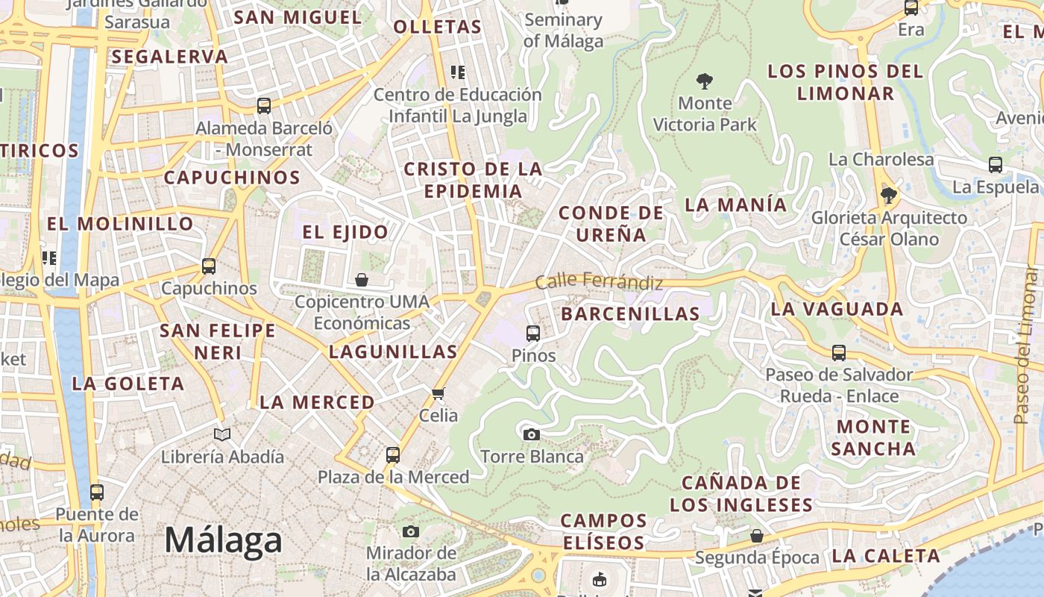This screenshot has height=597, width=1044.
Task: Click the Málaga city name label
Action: click(223, 540)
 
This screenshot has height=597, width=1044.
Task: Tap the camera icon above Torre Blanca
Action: click(532, 434)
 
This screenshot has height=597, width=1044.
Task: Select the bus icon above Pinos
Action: click(533, 333)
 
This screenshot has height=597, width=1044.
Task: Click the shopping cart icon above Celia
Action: click(438, 393)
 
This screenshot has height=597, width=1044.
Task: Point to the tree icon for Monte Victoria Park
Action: click(704, 81)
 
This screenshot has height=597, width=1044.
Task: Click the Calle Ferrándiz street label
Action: click(599, 282)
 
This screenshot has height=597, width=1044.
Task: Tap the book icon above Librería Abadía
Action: click(222, 434)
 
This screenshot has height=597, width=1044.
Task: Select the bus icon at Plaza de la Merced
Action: click(393, 454)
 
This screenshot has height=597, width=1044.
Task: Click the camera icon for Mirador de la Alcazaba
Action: click(410, 531)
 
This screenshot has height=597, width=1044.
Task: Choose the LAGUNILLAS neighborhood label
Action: click(393, 351)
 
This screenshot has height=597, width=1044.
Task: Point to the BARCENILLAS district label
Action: click(630, 314)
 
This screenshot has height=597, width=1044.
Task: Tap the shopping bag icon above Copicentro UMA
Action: click(362, 280)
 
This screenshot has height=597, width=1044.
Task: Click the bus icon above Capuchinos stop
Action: click(209, 266)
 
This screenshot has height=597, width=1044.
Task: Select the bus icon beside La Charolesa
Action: click(995, 165)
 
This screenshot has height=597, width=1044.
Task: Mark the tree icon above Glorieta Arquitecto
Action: click(887, 196)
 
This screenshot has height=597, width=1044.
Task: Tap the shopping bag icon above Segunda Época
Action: click(757, 536)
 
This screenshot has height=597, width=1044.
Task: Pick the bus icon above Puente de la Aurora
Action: click(97, 493)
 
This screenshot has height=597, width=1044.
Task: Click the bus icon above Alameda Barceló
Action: click(264, 106)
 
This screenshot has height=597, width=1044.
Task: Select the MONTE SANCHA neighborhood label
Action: click(873, 437)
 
